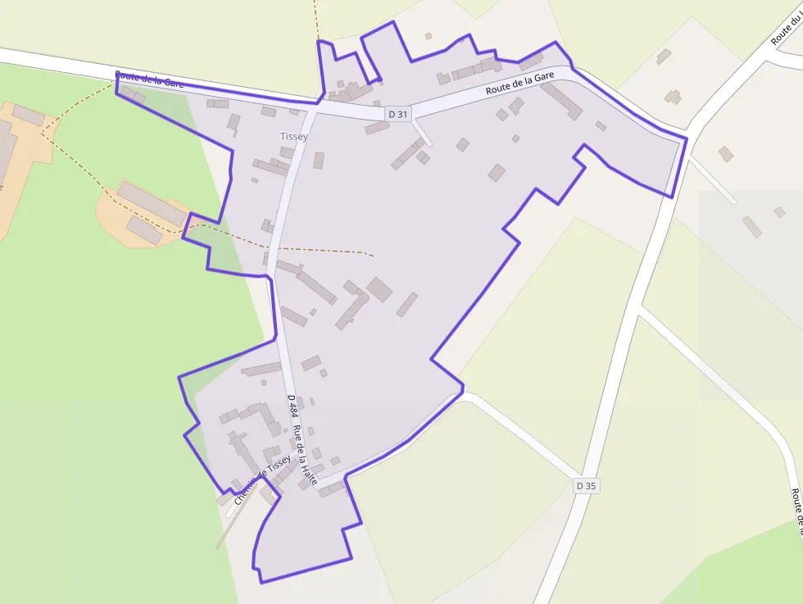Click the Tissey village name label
coord(293,137)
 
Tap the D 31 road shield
coord(397,114)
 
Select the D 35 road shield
coord(586,486)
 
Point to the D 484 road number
coord(292,406)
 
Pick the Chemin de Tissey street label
coord(262,479)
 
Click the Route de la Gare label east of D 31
coord(519,83)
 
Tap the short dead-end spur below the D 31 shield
coord(422,132)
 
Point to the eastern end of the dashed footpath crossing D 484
coord(373,256)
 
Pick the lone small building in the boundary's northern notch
coord(428,36)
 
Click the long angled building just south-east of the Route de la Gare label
coord(562,100)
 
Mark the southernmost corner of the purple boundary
coord(261,582)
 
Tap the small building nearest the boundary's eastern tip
coord(601,125)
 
